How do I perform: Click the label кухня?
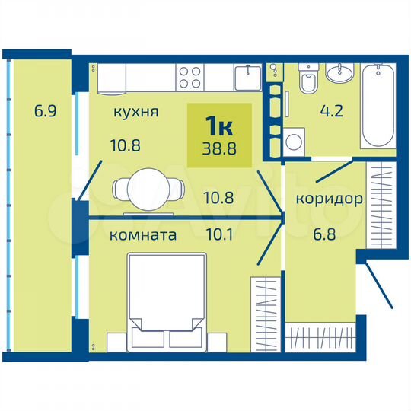136,112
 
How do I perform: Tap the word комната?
143,235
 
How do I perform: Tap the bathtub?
378,108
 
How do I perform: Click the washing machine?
295,141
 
